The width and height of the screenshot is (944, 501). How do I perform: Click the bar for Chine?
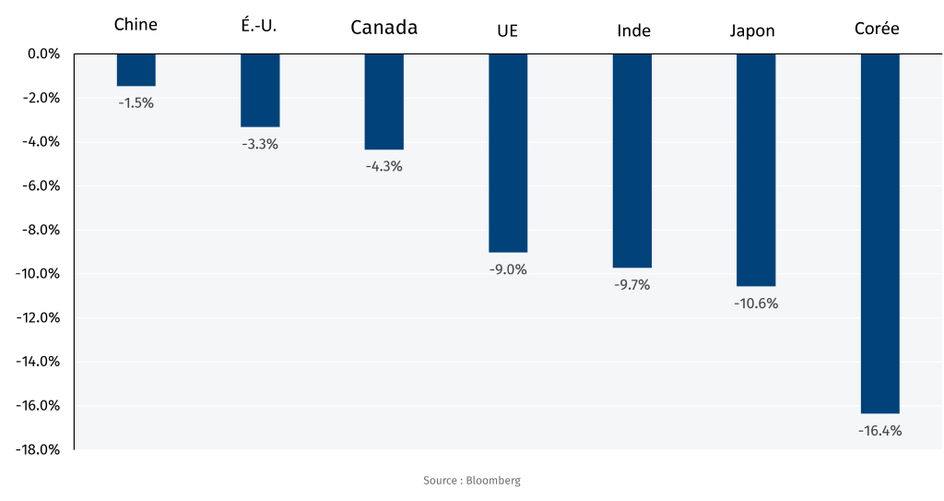coord(136,70)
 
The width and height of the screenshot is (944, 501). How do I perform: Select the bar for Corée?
coord(879,233)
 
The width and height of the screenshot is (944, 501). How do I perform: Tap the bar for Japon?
coord(756,170)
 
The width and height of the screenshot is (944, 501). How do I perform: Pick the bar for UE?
coord(508,153)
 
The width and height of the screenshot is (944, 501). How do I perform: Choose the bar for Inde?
coord(632,161)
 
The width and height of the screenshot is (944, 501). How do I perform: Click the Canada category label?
coord(383,28)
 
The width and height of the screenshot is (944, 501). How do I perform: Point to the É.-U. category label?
coord(259,26)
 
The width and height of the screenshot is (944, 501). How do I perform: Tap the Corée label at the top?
coord(877,29)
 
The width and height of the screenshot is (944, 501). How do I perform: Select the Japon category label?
coord(752,30)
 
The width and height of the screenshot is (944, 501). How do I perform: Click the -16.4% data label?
coord(879,431)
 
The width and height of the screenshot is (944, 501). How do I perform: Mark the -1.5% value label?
coord(136,103)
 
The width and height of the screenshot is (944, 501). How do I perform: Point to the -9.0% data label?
coord(508,269)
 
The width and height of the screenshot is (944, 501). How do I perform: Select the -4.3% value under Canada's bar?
coord(383,166)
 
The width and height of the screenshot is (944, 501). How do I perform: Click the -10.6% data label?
coord(756,304)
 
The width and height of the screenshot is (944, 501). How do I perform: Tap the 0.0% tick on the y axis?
coord(41,54)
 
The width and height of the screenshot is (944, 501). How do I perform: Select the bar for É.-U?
coord(260,90)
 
